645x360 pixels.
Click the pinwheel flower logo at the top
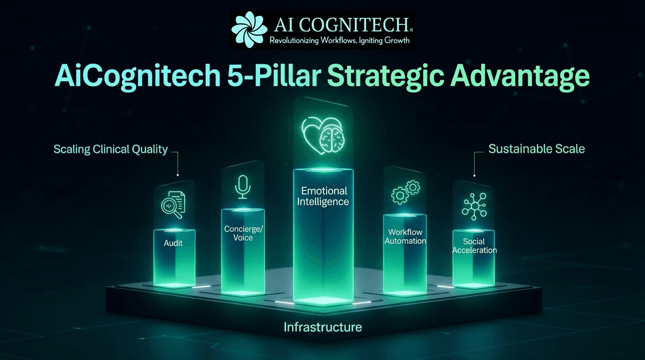tap(249, 30)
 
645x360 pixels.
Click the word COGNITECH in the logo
tap(353, 25)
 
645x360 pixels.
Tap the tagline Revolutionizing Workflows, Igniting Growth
tap(339, 40)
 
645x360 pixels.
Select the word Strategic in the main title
tap(386, 76)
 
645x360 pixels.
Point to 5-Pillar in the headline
tap(274, 75)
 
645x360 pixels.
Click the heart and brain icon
tap(323, 135)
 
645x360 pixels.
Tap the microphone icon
tap(243, 187)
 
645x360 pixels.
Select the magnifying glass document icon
tap(173, 205)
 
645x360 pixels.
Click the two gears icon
tap(406, 192)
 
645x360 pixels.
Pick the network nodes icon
tap(474, 207)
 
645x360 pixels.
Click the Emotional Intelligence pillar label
tap(323, 196)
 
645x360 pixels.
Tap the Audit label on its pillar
tap(173, 243)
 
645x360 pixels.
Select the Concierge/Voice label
tap(243, 233)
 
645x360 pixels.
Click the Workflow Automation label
tap(405, 236)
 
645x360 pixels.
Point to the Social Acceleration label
tap(474, 246)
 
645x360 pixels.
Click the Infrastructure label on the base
tap(323, 327)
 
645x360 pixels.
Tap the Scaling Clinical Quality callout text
tap(111, 149)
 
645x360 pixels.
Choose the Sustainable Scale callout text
tap(537, 149)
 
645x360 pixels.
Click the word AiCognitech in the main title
tap(138, 76)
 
